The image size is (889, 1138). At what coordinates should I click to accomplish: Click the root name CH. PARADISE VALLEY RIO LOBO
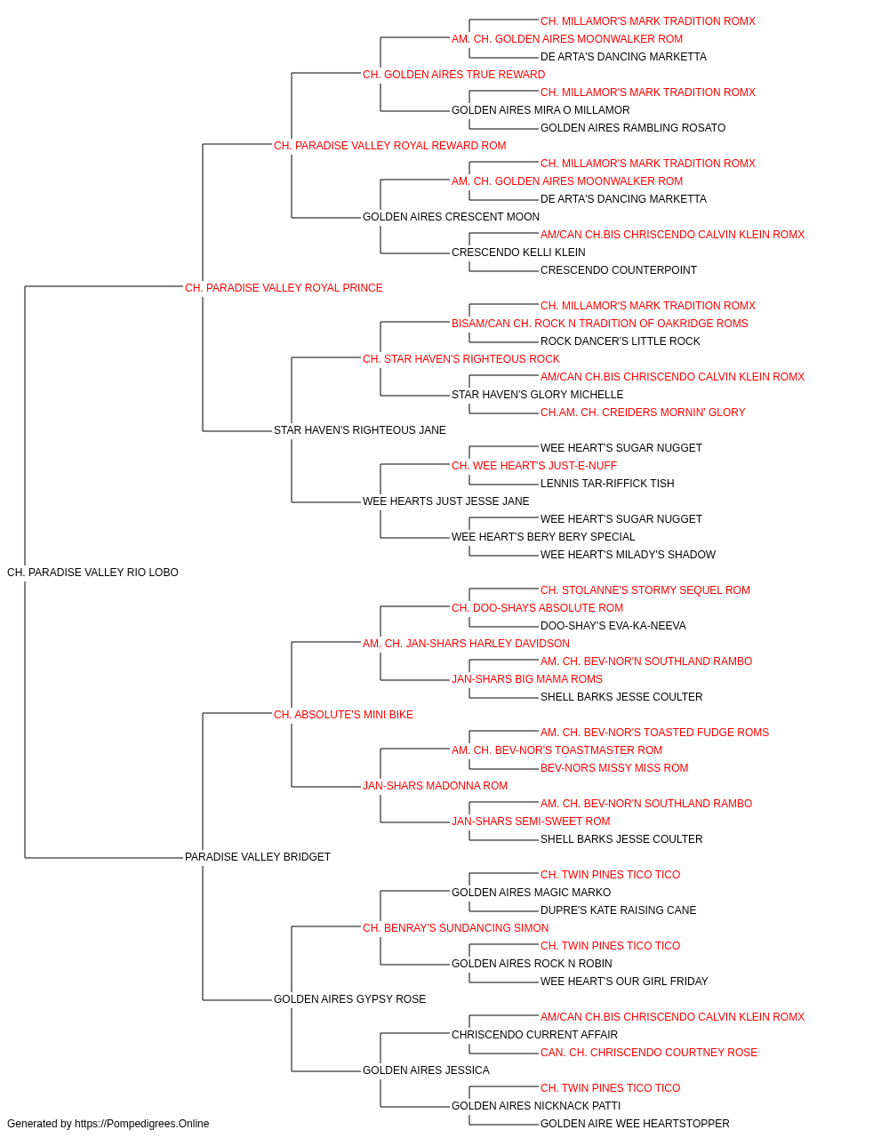92,573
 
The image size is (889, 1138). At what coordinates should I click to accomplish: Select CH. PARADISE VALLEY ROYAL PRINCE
284,288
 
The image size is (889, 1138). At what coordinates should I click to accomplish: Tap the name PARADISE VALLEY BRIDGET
258,857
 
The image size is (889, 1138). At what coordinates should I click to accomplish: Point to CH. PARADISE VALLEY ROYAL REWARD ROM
390,146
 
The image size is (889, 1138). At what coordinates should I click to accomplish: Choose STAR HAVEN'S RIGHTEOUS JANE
360,430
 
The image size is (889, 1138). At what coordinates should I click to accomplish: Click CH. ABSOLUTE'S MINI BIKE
343,715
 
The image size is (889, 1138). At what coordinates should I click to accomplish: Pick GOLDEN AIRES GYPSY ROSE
349,999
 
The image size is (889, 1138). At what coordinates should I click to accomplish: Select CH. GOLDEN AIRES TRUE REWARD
454,75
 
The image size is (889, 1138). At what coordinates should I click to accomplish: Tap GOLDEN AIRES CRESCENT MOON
451,217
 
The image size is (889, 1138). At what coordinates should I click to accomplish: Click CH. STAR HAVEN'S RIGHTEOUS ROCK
461,359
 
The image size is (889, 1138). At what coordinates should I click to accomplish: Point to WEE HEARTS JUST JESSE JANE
446,501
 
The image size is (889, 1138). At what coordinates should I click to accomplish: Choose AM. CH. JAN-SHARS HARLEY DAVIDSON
466,644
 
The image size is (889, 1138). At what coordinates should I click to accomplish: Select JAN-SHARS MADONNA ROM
435,786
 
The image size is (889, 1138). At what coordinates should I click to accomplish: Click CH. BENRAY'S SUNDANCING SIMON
455,928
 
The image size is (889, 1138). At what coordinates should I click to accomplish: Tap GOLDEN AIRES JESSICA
426,1070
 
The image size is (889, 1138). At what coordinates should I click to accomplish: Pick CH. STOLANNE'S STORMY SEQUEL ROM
645,590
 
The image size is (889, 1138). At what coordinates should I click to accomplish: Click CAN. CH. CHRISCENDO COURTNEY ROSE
649,1053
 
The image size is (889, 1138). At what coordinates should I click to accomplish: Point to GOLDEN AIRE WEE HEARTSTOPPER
635,1124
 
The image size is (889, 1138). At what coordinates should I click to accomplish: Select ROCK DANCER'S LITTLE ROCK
620,341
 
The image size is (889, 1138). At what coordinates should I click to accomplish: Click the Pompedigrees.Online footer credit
108,1124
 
